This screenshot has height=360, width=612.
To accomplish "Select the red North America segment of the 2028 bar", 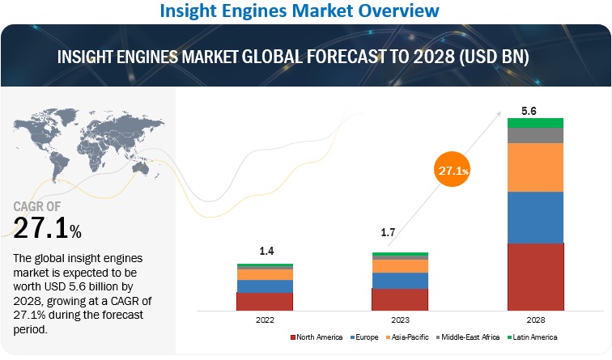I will (x=535, y=277).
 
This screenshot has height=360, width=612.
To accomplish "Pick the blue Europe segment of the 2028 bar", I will (x=535, y=217).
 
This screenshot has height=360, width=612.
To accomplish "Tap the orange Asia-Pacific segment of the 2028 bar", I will (x=535, y=167).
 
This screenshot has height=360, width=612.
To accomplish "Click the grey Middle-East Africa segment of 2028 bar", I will (x=535, y=135).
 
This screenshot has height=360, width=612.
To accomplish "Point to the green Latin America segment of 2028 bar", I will (x=535, y=122).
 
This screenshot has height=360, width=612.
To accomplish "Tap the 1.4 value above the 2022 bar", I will (x=264, y=252).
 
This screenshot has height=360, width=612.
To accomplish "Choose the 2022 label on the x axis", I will (x=264, y=320).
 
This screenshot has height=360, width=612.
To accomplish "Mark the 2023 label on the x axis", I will (x=400, y=320).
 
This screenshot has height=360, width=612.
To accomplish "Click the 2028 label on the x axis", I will (x=535, y=320).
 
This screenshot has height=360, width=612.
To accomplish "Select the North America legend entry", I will (x=317, y=337).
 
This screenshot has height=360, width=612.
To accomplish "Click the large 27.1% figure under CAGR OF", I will (x=47, y=228).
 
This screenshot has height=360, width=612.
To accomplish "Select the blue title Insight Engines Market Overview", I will (x=307, y=11).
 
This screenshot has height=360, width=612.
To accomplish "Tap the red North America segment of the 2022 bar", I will (x=264, y=302).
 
